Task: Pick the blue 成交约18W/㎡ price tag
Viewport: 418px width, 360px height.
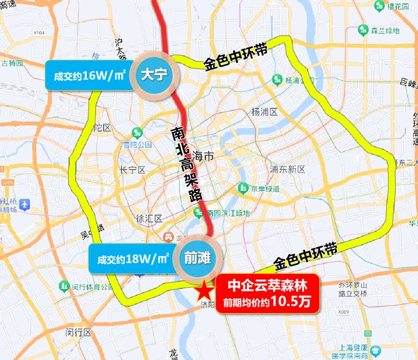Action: (x=132, y=259)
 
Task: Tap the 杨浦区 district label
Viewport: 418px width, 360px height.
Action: (x=265, y=112)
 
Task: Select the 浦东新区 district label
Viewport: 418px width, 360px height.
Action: (x=288, y=169)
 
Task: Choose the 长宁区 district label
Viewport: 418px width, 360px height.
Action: (x=132, y=170)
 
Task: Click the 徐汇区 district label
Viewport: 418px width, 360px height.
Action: (x=149, y=219)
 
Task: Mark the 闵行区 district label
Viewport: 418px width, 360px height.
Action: (x=79, y=332)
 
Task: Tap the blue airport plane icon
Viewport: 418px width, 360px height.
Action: (x=25, y=205)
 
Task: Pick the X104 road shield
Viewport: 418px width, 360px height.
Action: (x=39, y=32)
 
